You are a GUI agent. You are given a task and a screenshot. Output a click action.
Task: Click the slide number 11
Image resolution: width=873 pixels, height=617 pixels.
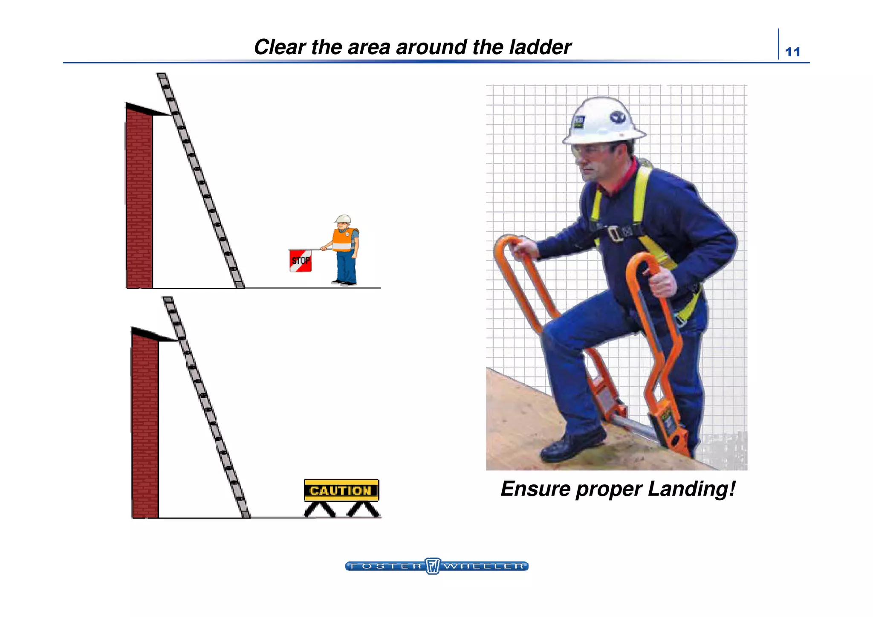pos(792,52)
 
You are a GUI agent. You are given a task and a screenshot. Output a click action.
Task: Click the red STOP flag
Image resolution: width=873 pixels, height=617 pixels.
pos(301,261)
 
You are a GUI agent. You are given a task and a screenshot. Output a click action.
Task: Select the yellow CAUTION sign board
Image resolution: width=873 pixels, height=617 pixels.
pos(341,490)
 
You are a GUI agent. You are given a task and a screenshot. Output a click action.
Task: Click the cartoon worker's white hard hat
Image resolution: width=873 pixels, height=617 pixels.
pos(343,219)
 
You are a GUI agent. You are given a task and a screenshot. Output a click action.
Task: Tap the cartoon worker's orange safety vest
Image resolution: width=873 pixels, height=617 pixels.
pos(342,240)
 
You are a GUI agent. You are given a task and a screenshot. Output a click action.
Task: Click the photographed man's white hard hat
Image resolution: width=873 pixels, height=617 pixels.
pos(604,121)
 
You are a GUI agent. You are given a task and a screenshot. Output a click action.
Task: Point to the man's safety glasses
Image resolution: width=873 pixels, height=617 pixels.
pos(590,151)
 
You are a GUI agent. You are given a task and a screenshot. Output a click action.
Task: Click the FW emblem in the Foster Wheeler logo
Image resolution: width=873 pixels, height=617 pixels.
pos(432,566)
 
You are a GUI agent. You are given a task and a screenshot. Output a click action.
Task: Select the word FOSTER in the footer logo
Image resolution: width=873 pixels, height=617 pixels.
pos(385,566)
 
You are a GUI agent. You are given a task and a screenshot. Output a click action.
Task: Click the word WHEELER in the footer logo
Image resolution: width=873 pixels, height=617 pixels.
pos(484,566)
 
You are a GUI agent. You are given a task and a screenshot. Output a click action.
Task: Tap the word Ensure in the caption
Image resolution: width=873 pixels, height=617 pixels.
pos(535,489)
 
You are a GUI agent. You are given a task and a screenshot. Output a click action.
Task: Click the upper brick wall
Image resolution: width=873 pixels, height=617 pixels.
pos(139,199)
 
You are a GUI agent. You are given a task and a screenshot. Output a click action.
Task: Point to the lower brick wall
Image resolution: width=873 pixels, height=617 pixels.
pos(145,426)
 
